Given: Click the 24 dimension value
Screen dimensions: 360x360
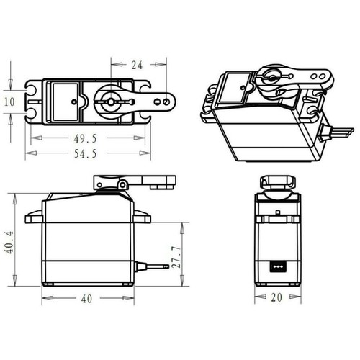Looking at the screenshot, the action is [x=137, y=65].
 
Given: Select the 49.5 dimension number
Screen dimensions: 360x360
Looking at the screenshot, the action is [x=85, y=138].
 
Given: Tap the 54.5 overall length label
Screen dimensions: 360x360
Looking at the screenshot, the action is [x=85, y=153].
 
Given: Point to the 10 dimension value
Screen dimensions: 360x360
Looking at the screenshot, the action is [x=9, y=102].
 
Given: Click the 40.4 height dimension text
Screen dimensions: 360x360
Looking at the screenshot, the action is [x=10, y=243].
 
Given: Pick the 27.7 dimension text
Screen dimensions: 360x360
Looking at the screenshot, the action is [x=176, y=256].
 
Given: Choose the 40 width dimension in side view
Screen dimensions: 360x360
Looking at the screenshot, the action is [x=86, y=299].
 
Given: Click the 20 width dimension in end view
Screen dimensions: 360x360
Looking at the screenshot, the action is [x=276, y=297].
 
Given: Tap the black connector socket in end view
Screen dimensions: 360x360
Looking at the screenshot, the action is [x=278, y=266].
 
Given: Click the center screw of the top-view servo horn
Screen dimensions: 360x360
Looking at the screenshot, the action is [x=111, y=102].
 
